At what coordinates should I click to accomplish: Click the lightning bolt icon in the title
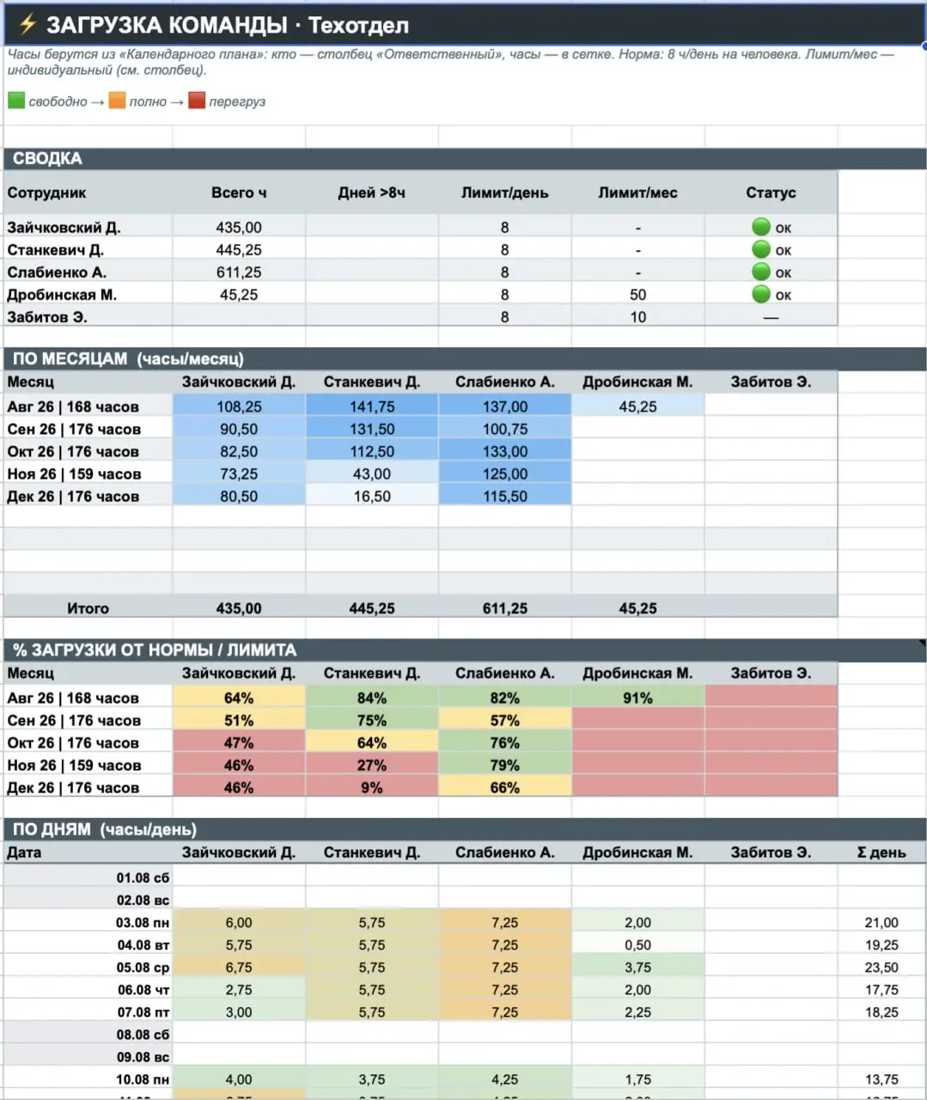click(27, 24)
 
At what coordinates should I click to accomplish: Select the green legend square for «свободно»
click(16, 100)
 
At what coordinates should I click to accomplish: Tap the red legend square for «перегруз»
click(197, 100)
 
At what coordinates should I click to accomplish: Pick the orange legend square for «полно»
click(117, 100)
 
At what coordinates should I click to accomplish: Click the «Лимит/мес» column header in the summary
click(637, 192)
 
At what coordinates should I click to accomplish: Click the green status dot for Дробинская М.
click(760, 294)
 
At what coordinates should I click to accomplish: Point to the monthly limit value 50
click(637, 295)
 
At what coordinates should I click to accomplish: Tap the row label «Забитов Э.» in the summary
click(47, 317)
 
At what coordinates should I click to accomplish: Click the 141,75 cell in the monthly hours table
click(372, 406)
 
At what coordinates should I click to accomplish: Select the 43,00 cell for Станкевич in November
click(372, 474)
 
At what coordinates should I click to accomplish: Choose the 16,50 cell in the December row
click(372, 496)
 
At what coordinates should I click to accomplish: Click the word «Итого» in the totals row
click(88, 608)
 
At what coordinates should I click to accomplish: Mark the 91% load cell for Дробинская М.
click(637, 698)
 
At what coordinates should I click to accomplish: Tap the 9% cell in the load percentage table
click(372, 787)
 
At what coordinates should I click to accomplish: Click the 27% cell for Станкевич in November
click(372, 765)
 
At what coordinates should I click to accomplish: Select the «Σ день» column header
click(881, 852)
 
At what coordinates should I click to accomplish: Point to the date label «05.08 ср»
click(143, 968)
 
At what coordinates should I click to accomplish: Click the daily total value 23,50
click(881, 968)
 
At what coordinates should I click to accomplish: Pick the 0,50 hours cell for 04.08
click(637, 945)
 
